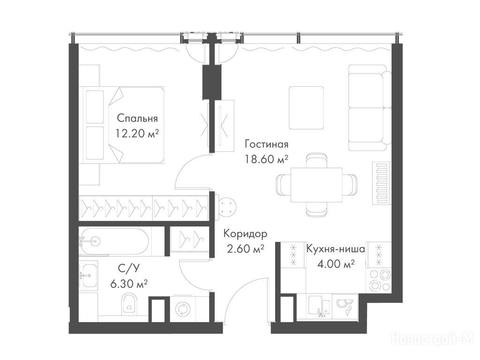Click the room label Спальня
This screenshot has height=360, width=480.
(x=137, y=118)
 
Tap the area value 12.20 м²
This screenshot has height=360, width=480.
(x=137, y=133)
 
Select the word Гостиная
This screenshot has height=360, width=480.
(x=267, y=143)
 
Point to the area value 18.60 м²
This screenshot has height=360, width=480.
(x=267, y=159)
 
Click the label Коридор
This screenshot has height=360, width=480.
(x=245, y=234)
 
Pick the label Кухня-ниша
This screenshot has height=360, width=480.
(x=336, y=248)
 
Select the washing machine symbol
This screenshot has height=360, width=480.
(x=183, y=309)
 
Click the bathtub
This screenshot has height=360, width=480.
(x=114, y=241)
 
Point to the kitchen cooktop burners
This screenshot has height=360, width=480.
(x=379, y=280)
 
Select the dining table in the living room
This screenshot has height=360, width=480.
(x=316, y=185)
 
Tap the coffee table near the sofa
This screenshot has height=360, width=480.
(x=307, y=108)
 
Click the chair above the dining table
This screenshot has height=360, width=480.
(x=316, y=160)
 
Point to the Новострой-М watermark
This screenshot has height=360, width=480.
(x=434, y=339)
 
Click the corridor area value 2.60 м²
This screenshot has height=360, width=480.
(x=245, y=248)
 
